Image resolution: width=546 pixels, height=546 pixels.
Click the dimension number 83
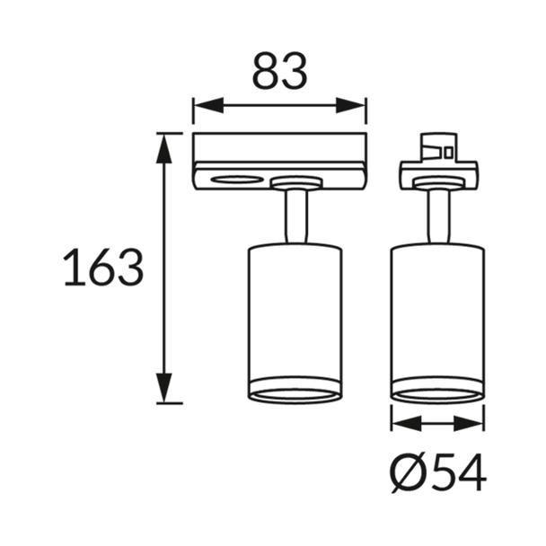(x=279, y=70)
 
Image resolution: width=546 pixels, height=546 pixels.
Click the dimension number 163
(x=103, y=267)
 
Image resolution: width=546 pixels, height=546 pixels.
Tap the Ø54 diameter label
(x=438, y=473)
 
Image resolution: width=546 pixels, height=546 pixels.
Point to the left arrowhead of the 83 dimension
(x=208, y=105)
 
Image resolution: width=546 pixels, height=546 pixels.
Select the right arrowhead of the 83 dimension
(x=350, y=105)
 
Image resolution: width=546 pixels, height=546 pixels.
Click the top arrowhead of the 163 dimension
(x=164, y=148)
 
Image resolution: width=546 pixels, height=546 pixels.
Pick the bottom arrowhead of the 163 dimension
(x=164, y=388)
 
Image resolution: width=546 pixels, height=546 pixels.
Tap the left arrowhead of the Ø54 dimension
(x=407, y=424)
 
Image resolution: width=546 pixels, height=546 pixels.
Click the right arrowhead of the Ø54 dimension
(x=469, y=424)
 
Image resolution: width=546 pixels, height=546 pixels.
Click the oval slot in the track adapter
(x=237, y=180)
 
